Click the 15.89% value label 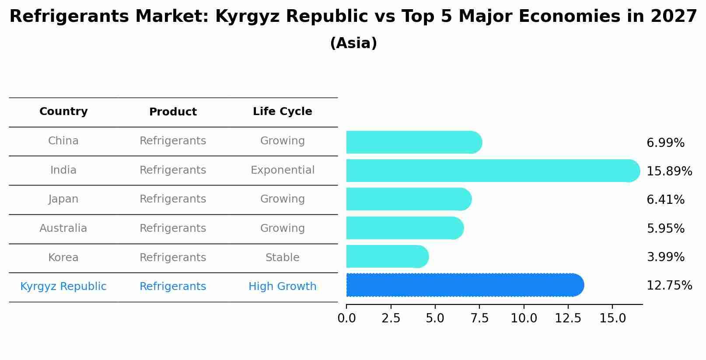pos(669,171)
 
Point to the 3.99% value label pos(665,257)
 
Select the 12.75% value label pos(669,286)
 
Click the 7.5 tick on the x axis pos(479,318)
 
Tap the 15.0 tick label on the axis pos(612,318)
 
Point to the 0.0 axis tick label pos(346,318)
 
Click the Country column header pos(63,112)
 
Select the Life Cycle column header pos(282,112)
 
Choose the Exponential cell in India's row pos(282,170)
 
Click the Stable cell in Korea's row pos(282,258)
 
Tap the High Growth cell pos(282,287)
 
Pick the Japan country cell pos(63,199)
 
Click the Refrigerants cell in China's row pos(173,141)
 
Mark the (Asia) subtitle pos(353,43)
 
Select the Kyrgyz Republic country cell pos(63,287)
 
